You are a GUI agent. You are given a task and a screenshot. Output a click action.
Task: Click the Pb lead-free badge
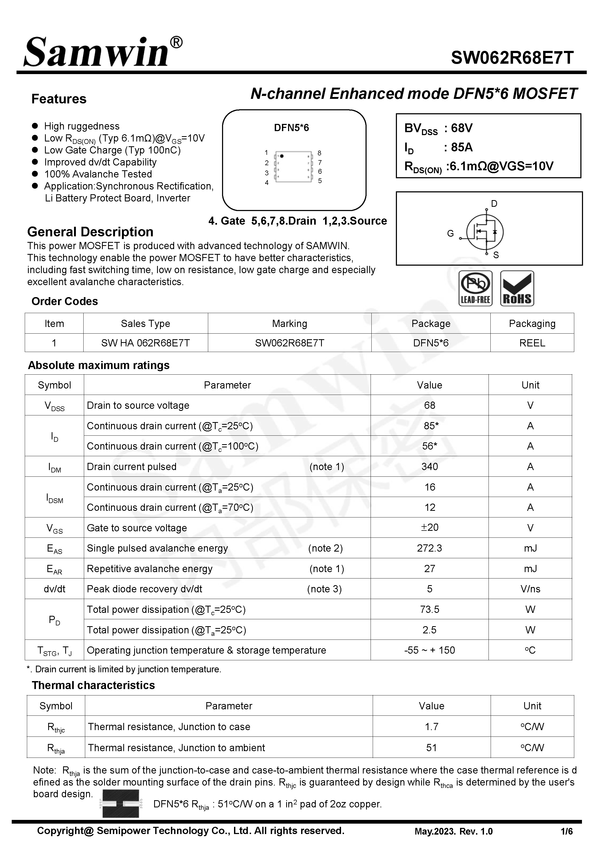[x=475, y=288]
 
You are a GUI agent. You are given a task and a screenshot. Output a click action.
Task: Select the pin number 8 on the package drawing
[x=319, y=153]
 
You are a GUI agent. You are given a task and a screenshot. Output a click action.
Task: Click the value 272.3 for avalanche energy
[x=429, y=548]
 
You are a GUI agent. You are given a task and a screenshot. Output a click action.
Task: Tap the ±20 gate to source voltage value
[x=429, y=528]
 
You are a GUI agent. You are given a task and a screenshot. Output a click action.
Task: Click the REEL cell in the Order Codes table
[x=532, y=343]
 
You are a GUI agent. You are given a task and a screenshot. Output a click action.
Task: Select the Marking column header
[x=289, y=323]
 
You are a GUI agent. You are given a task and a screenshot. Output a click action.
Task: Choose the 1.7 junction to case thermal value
[x=431, y=727]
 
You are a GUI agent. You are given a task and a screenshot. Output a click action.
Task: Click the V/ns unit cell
[x=530, y=589]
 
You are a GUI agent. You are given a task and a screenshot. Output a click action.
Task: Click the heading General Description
[x=90, y=232]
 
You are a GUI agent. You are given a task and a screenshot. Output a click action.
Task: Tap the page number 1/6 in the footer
[x=566, y=831]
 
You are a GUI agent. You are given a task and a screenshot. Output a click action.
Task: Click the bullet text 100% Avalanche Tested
[x=98, y=174]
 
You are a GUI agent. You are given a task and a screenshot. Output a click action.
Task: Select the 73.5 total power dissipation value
[x=429, y=609]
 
